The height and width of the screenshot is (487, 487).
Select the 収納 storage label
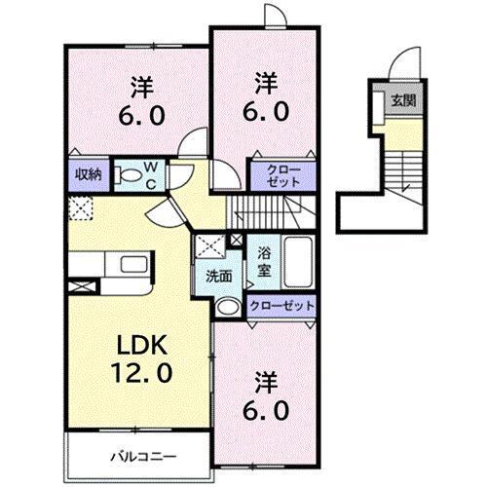pos(89,174)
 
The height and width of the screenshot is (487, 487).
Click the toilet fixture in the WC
pos(128,175)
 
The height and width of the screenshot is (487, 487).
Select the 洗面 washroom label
pos(218,276)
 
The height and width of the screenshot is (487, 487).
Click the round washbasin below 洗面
pos(226,306)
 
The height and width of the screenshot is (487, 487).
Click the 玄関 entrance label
pos(401,99)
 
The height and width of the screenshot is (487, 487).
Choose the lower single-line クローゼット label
pos(281,306)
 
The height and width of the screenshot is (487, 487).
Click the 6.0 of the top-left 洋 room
pos(143,115)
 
